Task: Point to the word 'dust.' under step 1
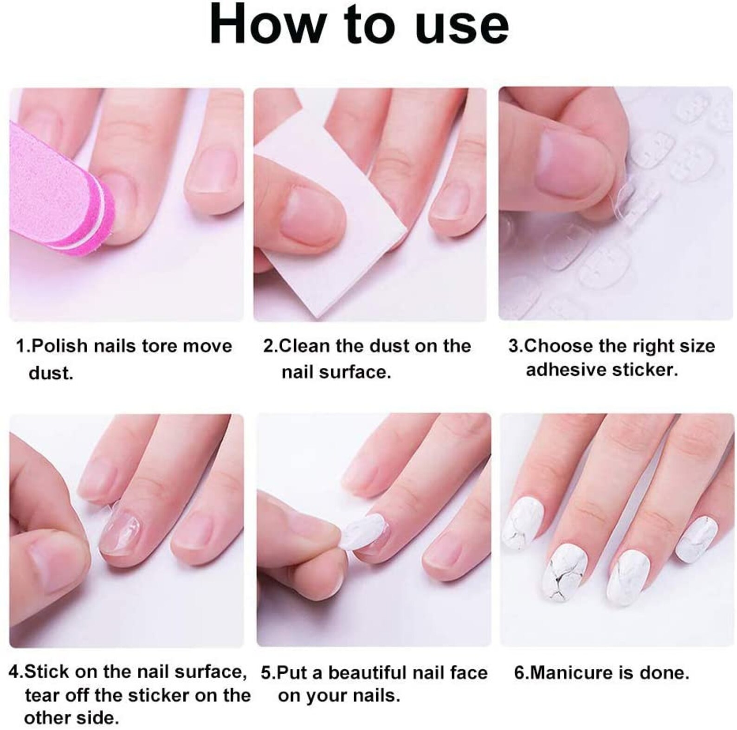[x=51, y=372]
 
